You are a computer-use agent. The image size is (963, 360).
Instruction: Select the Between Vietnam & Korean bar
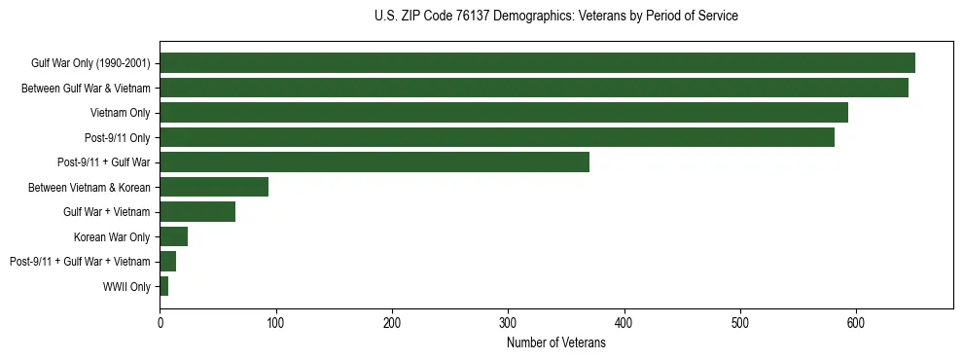(214, 187)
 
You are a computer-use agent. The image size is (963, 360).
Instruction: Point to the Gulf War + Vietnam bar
(197, 212)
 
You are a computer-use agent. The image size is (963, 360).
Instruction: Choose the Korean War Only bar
(173, 236)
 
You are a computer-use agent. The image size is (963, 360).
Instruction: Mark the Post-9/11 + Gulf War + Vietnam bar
(167, 262)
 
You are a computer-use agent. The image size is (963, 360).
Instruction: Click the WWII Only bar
(163, 286)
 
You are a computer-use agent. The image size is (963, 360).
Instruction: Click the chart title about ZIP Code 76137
(555, 17)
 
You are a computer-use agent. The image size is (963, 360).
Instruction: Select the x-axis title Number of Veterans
(555, 342)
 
